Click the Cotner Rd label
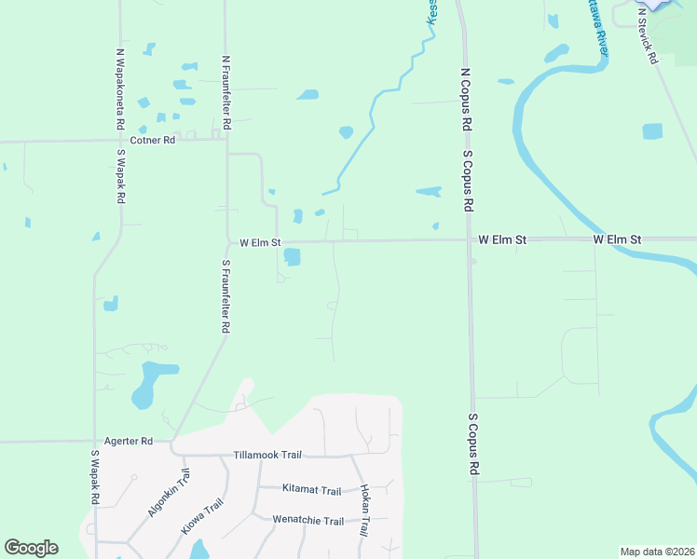153,141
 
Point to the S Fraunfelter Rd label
225,297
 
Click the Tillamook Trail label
267,455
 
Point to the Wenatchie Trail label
307,520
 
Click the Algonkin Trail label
168,495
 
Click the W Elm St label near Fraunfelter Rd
260,242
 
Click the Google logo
31,548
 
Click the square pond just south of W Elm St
293,257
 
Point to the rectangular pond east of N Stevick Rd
652,131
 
